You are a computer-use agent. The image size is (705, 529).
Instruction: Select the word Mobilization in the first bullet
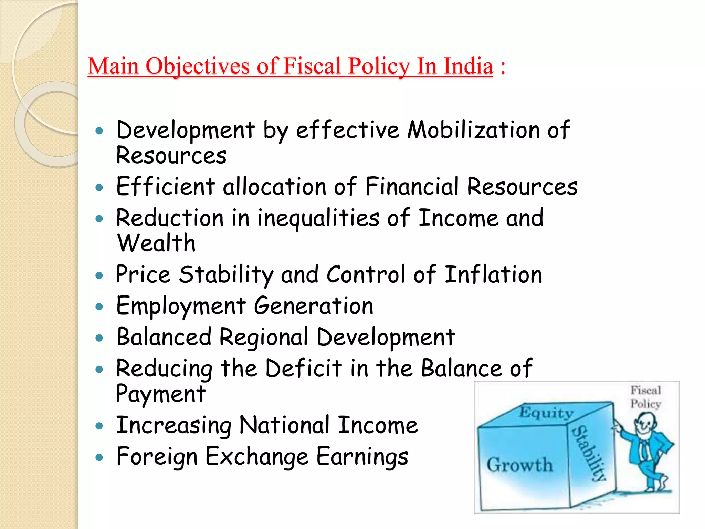pos(474,130)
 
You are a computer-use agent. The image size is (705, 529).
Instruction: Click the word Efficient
pos(166,186)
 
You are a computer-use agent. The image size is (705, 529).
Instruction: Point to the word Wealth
pos(156,243)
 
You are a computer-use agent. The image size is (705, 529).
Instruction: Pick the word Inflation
pos(493,274)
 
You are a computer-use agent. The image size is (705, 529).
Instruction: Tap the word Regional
pos(264,337)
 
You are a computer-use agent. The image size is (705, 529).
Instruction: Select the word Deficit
pos(304,368)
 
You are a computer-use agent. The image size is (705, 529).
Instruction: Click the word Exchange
pos(257,456)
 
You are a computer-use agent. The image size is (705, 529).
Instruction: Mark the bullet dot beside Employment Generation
pos(99,307)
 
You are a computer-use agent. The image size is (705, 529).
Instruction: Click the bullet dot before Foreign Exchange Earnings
pos(99,457)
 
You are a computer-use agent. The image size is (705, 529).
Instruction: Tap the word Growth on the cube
pos(519,465)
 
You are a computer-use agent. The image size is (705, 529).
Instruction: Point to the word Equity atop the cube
pos(546,413)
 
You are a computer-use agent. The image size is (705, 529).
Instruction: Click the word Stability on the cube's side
pos(589,453)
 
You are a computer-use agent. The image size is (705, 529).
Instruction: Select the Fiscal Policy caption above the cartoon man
pos(645,397)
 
